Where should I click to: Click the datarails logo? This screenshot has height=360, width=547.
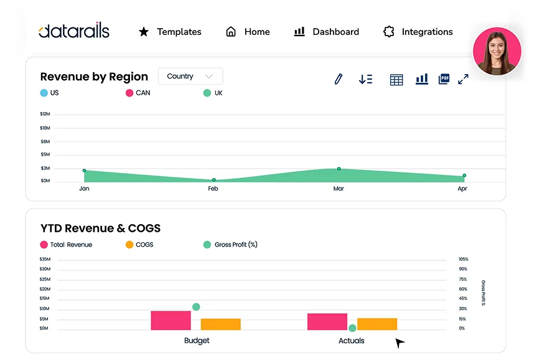[73, 31]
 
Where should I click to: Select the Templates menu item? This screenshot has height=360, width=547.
[170, 32]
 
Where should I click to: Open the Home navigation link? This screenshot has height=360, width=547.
[248, 32]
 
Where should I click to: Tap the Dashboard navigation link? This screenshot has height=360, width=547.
[327, 32]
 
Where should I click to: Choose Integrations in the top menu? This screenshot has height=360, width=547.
[418, 32]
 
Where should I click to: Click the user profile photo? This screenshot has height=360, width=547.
[497, 51]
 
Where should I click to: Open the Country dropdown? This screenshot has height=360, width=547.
[190, 76]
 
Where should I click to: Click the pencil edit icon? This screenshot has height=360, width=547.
[338, 79]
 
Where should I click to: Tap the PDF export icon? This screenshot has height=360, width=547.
[444, 79]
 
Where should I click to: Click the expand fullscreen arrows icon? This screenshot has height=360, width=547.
[463, 79]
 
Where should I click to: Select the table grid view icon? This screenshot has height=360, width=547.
[396, 80]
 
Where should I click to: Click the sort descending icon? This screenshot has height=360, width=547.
[365, 79]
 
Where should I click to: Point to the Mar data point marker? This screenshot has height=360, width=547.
[339, 169]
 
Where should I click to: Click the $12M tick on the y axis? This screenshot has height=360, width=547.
[45, 114]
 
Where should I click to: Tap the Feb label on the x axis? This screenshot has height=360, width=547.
[213, 189]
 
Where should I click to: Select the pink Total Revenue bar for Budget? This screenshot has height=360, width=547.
[171, 320]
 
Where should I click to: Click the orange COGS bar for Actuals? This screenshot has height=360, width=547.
[377, 324]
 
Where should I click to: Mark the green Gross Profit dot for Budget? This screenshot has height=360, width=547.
[196, 307]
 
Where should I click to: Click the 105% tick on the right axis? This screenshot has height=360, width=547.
[463, 259]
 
